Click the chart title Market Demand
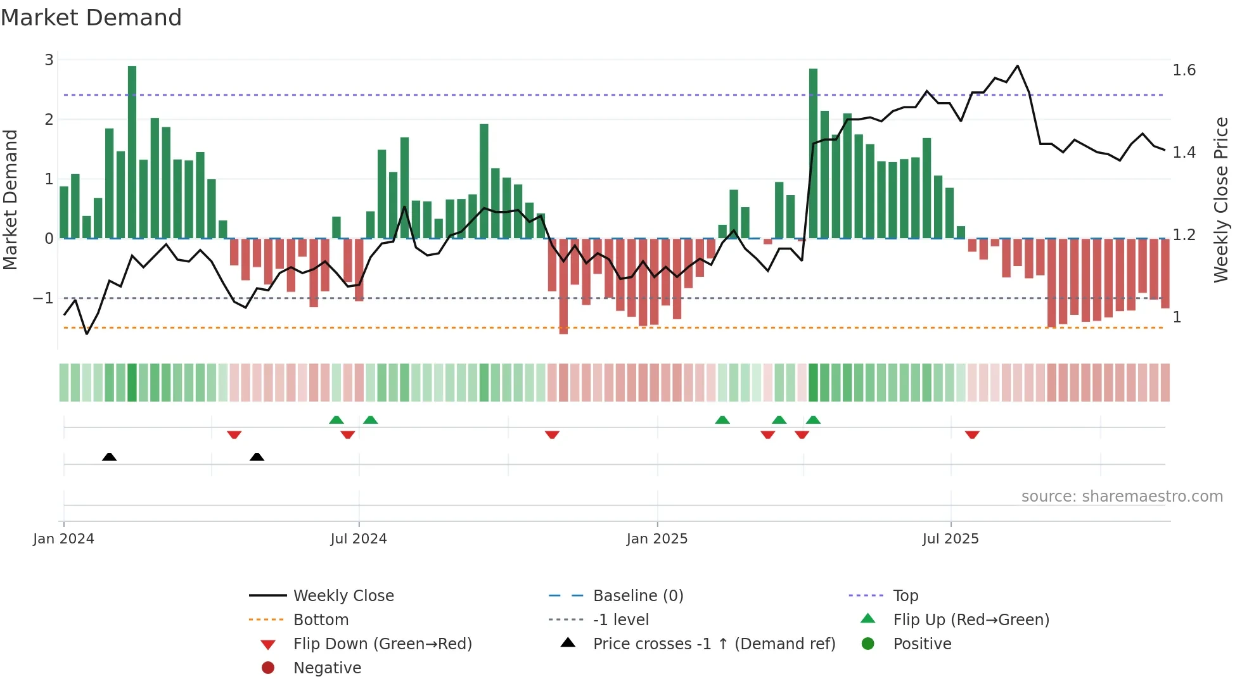91,18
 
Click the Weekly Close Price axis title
1220,200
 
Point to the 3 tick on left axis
49,60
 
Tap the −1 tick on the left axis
43,298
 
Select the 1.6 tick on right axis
1184,70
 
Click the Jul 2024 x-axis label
359,539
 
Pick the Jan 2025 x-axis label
657,539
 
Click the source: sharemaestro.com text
1122,497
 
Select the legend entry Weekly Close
343,596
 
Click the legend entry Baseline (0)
637,596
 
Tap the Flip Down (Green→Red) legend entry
382,644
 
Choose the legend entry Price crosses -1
714,644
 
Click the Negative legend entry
327,668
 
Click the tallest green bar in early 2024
132,152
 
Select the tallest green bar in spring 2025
813,153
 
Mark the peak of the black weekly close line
1018,66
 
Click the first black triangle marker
109,457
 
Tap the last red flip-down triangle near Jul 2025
972,435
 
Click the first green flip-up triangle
336,420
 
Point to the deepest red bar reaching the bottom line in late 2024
563,286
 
